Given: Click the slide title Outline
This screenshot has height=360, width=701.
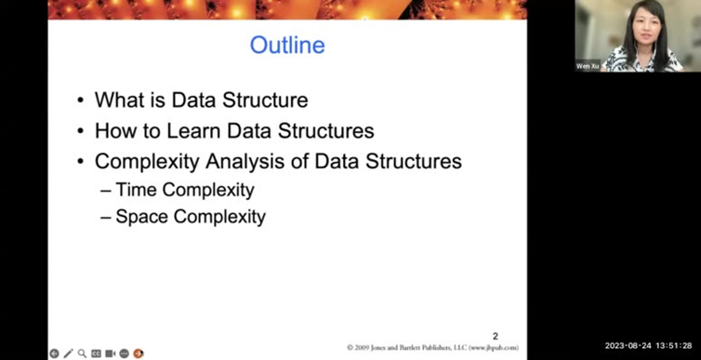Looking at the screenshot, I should click(287, 46).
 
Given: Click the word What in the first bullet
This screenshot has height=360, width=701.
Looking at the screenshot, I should click(117, 100).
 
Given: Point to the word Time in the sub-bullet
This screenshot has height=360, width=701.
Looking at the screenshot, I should click(136, 190).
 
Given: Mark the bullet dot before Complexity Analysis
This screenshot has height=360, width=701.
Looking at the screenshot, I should click(82, 162).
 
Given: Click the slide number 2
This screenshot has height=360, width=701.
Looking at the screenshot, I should click(495, 336).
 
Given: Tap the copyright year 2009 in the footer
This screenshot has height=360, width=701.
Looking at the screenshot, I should click(364, 348).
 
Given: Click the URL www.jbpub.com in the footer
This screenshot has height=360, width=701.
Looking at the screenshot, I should click(492, 348).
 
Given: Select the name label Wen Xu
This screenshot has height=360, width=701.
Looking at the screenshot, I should click(588, 66).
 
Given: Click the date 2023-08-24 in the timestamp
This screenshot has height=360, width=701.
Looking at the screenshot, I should click(626, 346).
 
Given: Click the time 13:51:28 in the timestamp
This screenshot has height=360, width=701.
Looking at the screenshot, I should click(673, 346).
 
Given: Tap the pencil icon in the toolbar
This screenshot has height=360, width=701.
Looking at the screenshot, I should click(68, 353).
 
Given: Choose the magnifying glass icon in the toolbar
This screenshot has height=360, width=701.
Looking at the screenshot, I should click(82, 353).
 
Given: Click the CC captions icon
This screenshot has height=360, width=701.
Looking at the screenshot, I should click(96, 353).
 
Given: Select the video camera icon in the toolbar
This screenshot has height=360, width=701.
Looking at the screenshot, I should click(110, 353).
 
